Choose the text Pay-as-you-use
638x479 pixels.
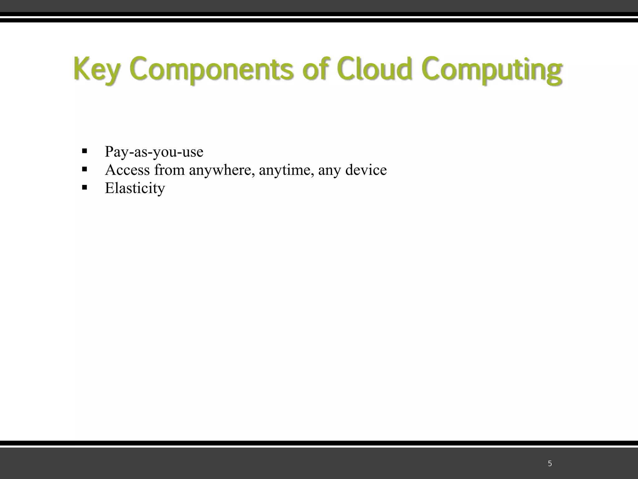[x=154, y=152]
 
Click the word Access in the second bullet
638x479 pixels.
[x=127, y=170]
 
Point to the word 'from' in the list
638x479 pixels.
[x=169, y=170]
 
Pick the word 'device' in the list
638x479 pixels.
[x=366, y=170]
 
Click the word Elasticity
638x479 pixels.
[x=135, y=188]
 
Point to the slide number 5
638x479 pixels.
[x=550, y=464]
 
